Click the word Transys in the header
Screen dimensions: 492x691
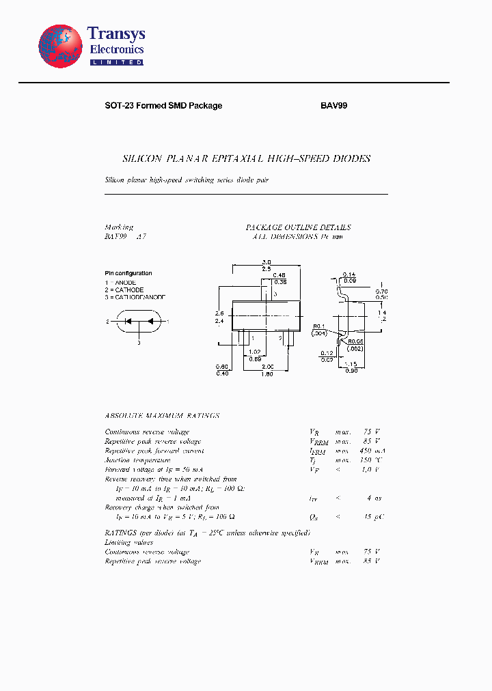116,34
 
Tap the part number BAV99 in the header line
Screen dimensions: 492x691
334,106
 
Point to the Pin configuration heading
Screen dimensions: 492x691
128,273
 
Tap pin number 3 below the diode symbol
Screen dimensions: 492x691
139,343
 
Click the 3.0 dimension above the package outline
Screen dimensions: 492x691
266,262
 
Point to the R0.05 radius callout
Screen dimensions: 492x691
355,341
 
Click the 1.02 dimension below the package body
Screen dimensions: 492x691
254,352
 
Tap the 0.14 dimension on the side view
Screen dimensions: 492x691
349,273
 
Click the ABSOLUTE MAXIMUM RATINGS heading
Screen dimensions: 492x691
162,416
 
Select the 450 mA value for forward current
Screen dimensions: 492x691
369,451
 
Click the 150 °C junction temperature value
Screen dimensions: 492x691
370,460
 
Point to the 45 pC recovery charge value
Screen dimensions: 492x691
372,517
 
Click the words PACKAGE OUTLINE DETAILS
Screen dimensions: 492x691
298,227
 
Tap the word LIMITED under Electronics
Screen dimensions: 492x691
116,62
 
